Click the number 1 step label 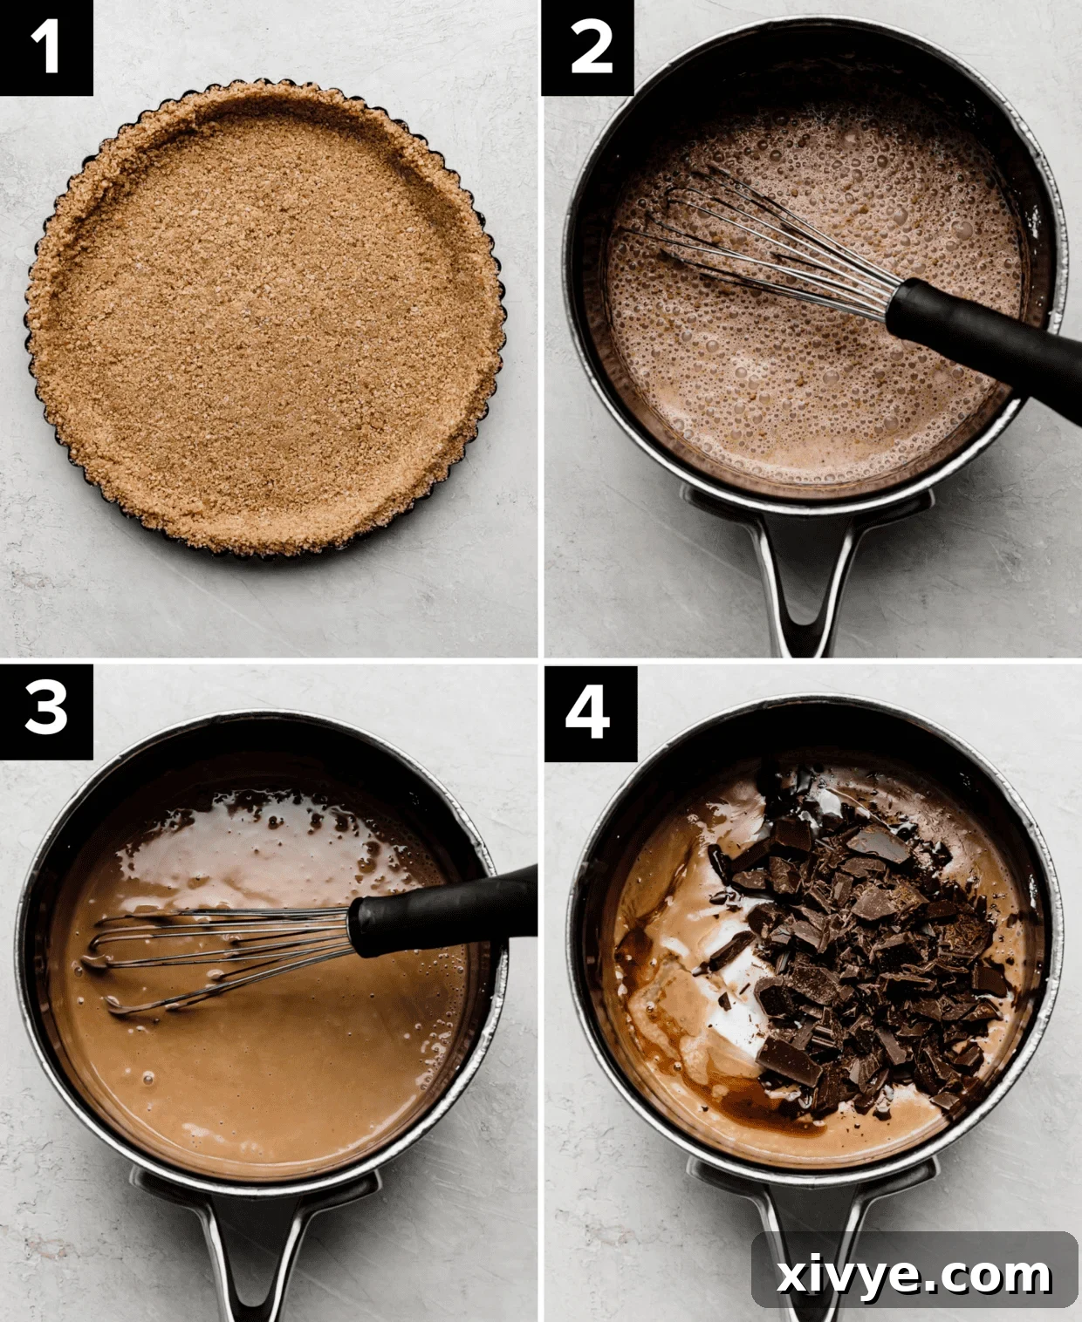[45, 47]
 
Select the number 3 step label [45, 708]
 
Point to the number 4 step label [588, 712]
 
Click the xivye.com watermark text [914, 1276]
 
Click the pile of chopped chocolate [864, 951]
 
